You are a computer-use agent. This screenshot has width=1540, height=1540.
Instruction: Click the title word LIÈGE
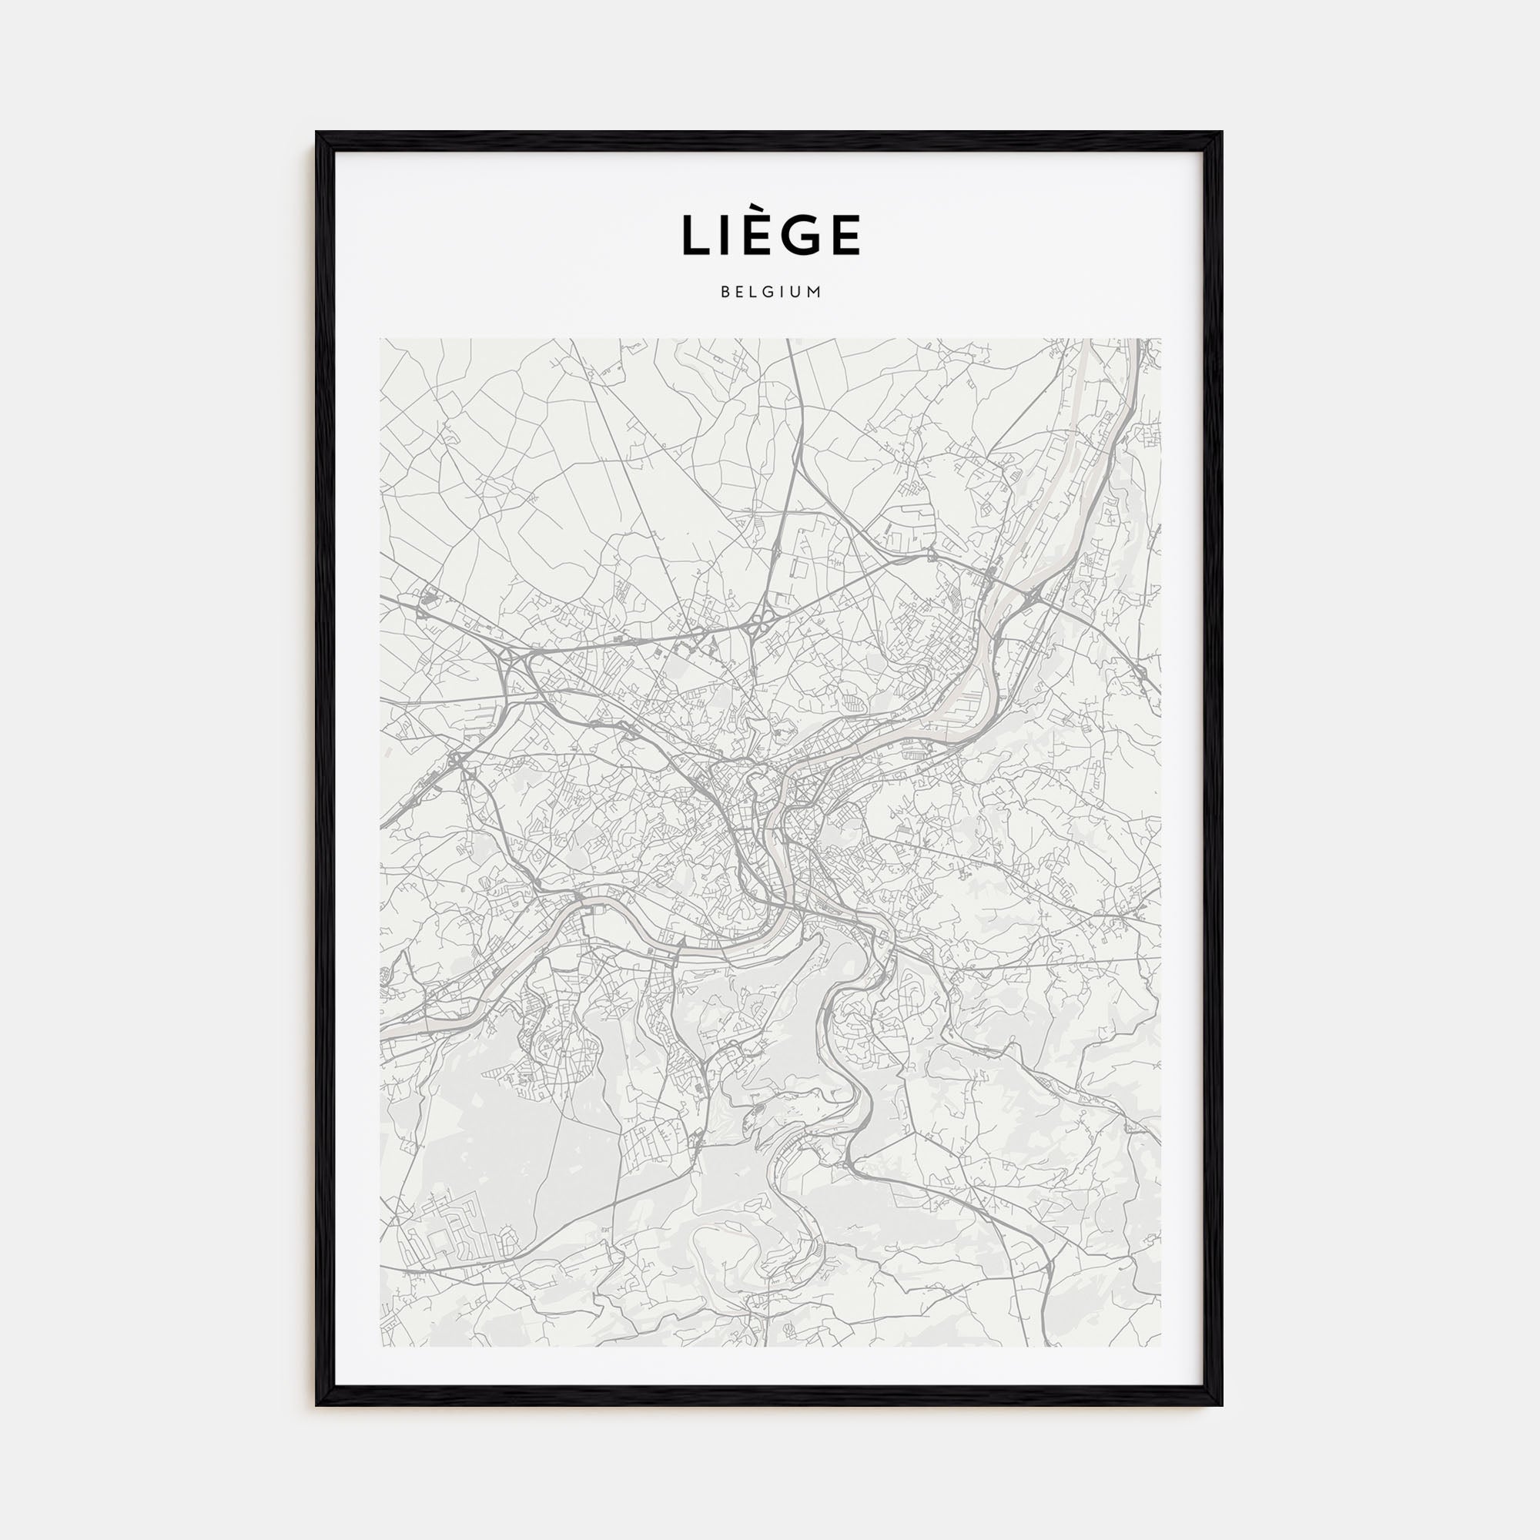(770, 235)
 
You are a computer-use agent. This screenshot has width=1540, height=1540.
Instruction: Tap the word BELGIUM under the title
(770, 293)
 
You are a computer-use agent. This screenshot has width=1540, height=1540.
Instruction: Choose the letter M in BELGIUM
(814, 293)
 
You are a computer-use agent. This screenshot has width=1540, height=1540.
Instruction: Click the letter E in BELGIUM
(739, 293)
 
